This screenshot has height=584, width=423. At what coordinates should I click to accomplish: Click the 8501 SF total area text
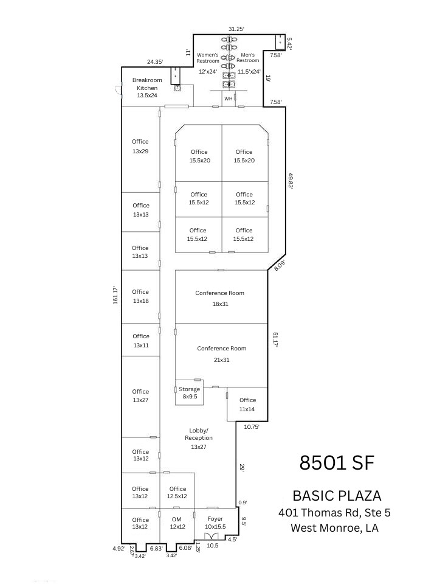[x=336, y=463]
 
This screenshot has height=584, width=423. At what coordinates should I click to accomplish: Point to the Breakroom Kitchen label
[x=147, y=88]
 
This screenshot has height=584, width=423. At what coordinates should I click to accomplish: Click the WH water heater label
[x=229, y=98]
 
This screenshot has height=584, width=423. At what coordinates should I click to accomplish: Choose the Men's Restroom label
[x=248, y=58]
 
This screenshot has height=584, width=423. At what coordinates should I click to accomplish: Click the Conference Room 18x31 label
[x=219, y=298]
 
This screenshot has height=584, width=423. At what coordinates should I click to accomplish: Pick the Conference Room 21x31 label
[x=221, y=354]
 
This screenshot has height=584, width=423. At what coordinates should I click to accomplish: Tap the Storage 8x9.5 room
[x=189, y=392]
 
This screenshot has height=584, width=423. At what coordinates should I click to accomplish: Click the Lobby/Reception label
[x=199, y=438]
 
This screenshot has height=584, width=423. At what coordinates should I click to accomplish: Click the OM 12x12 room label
[x=177, y=523]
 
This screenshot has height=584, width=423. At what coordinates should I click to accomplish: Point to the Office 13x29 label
[x=140, y=146]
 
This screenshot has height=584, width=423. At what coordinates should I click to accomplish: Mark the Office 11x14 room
[x=247, y=405]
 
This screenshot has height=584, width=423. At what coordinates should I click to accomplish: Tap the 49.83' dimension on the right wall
[x=291, y=181]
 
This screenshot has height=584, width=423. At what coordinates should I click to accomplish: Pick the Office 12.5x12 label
[x=177, y=492]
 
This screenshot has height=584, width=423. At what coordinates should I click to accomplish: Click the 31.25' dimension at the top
[x=236, y=29]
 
